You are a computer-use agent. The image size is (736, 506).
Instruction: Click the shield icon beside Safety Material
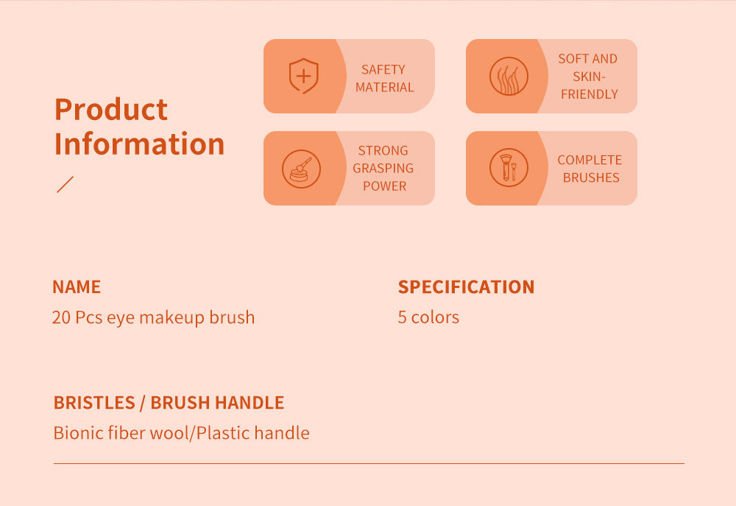click(302, 76)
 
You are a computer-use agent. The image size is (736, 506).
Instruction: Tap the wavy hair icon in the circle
click(509, 76)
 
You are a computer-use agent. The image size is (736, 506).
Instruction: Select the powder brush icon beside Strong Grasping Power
click(301, 169)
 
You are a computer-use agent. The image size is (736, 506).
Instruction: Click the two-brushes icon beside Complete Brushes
click(509, 167)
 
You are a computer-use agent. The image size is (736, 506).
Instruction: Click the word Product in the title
click(111, 109)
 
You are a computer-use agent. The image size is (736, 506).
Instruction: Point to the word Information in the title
click(139, 144)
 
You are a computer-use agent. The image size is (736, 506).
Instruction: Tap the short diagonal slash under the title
click(65, 184)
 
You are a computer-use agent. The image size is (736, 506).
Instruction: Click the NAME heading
click(77, 287)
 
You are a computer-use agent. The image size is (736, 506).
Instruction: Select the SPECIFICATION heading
click(466, 287)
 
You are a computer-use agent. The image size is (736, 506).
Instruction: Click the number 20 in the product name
click(61, 317)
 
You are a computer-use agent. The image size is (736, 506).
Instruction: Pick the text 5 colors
click(428, 317)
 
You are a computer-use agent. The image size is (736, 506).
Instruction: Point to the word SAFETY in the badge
click(383, 69)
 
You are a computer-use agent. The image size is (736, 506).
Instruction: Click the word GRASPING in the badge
click(383, 168)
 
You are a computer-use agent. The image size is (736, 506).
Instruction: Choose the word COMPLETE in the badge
click(590, 160)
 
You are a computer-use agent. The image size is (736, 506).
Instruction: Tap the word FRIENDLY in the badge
click(590, 94)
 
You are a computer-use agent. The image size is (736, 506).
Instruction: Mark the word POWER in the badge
click(384, 186)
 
